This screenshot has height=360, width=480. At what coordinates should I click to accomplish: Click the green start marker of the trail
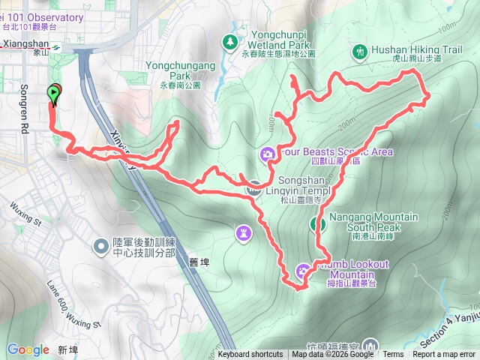click(54, 94)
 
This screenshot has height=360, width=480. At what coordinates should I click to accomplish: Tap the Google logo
click(28, 349)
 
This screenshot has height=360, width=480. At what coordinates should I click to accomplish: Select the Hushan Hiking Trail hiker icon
click(358, 51)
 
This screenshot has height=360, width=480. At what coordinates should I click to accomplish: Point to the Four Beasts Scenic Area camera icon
click(267, 154)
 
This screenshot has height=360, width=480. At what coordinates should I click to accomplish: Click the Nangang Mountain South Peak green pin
click(317, 223)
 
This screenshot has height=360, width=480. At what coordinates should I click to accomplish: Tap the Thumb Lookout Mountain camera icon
click(303, 271)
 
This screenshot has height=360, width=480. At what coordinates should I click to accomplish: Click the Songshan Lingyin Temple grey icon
click(255, 188)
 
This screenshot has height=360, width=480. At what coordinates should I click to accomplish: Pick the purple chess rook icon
click(244, 233)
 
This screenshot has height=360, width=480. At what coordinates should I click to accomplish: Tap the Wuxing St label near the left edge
click(25, 212)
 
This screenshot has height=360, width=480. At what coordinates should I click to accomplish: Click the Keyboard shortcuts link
click(250, 355)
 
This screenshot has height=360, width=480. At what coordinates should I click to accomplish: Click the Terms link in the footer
click(393, 355)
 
